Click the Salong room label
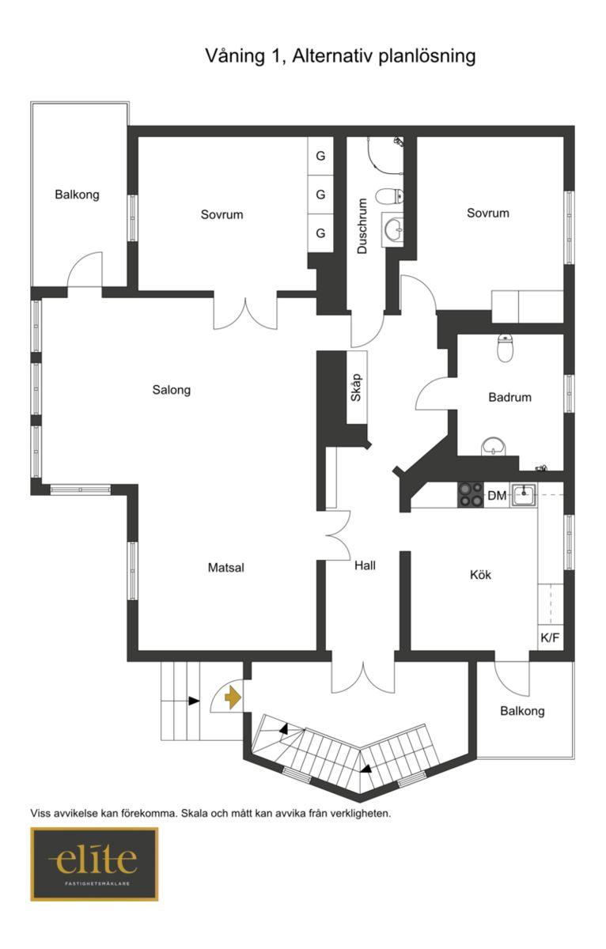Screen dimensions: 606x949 pos(171,390)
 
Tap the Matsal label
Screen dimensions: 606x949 pos(226,567)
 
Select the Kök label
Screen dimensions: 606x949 pos(480,574)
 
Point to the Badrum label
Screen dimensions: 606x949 pos(509,397)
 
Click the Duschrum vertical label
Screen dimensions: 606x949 pos(362,226)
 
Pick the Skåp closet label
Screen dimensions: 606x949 pos(356,387)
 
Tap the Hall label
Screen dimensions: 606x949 pos(365,565)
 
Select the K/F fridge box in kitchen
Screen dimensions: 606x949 pos(550,637)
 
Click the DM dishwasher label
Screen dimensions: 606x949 pos(497,495)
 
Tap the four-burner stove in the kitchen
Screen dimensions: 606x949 pos(471,494)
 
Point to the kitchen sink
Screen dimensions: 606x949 pos(525,494)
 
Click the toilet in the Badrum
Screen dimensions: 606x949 pos(505,347)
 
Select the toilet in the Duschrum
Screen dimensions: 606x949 pos(390,196)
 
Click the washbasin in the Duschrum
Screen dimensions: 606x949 pos(393,229)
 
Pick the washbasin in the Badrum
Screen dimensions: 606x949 pos(494,447)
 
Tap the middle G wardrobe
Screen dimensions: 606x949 pos(320,195)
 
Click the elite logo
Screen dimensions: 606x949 pos(94,864)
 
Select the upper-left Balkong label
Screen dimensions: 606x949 pos(77,195)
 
